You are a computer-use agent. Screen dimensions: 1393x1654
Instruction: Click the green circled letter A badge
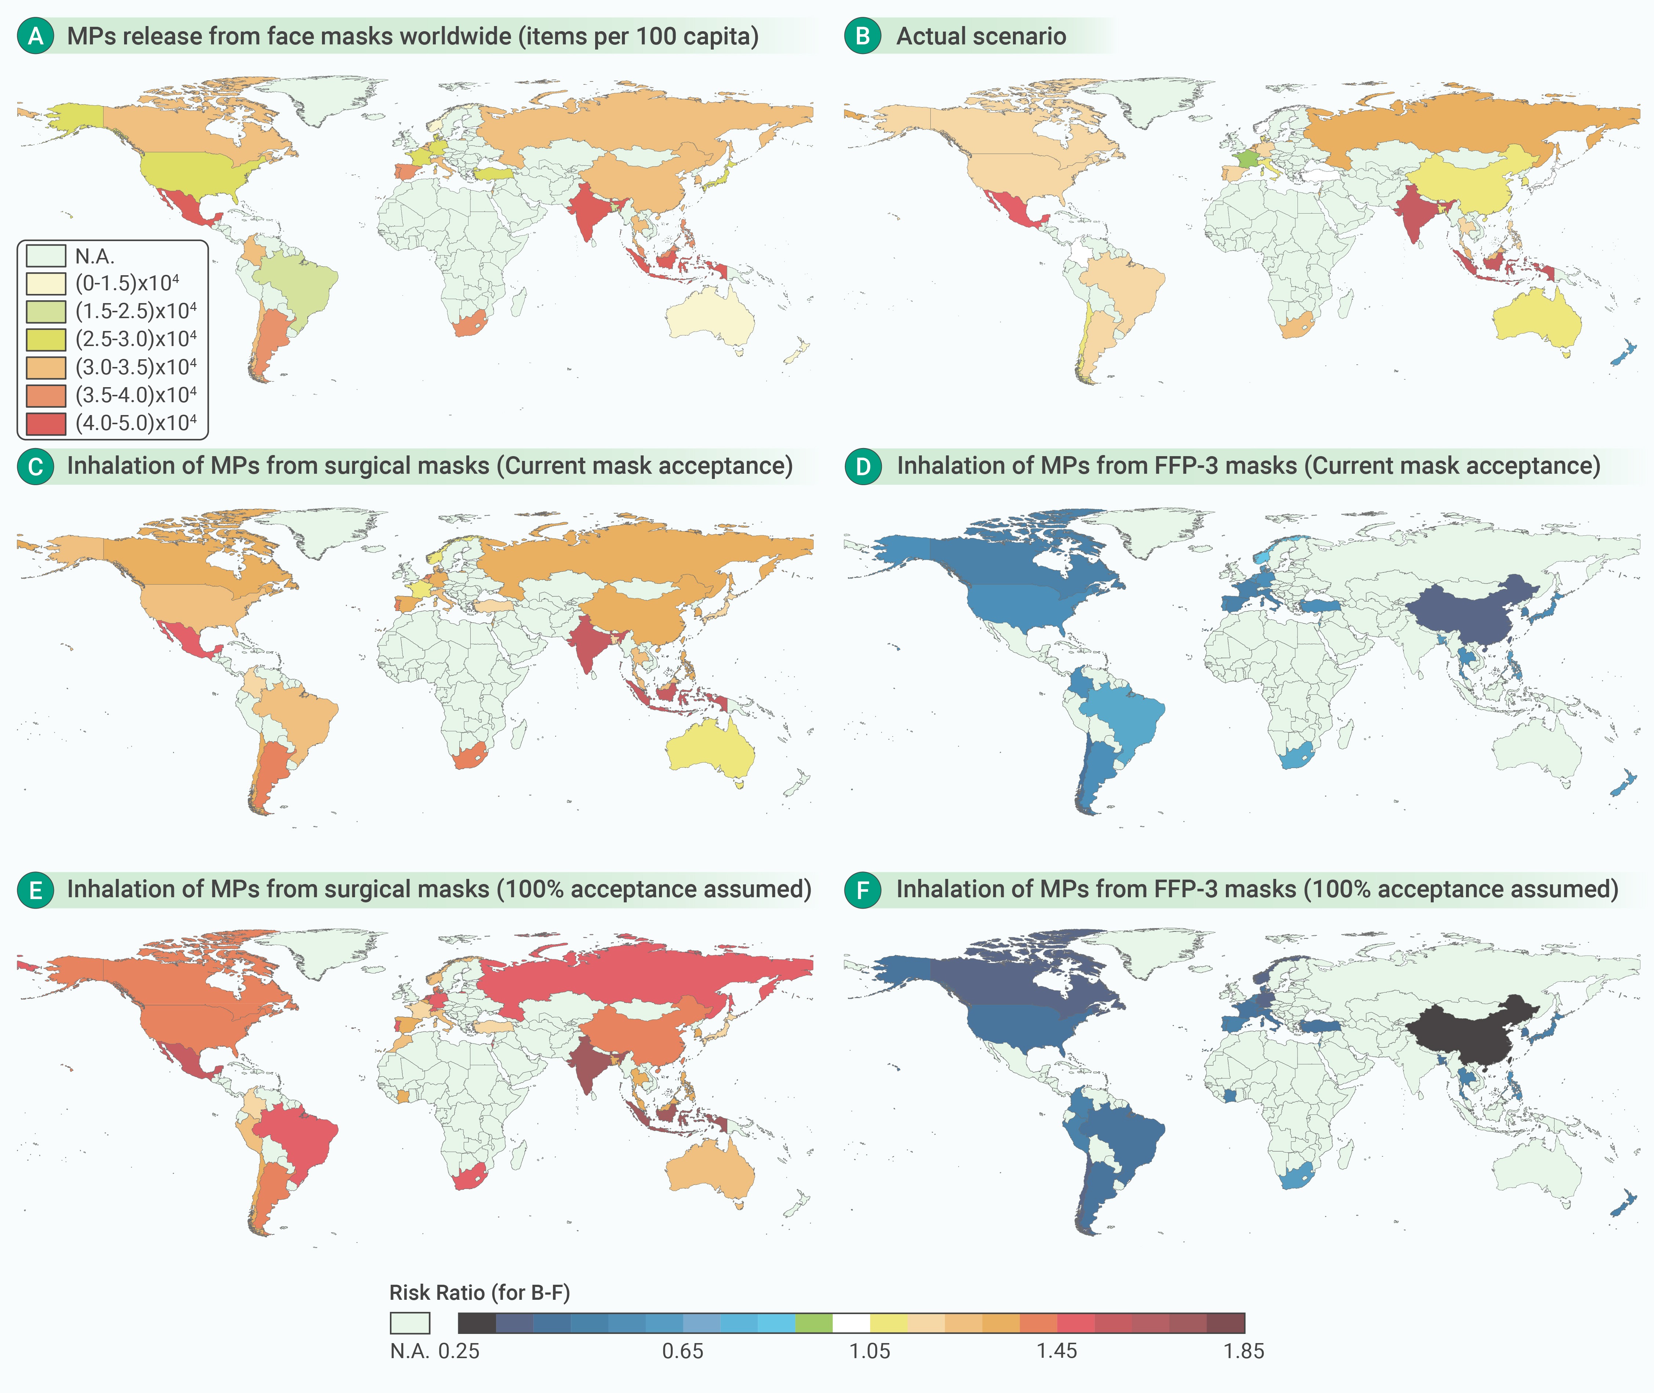(x=36, y=36)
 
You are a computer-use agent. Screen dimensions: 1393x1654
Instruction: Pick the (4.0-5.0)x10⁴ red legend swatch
(x=46, y=423)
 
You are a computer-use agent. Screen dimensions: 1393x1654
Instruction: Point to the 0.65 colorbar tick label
(x=683, y=1351)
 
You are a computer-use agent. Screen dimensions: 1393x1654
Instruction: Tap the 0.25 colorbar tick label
(x=459, y=1351)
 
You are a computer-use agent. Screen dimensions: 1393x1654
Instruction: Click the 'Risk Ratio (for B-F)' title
(x=479, y=1293)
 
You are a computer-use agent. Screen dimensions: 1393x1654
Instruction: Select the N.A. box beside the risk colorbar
(x=410, y=1323)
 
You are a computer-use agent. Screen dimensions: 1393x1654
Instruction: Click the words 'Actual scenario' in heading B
(x=981, y=36)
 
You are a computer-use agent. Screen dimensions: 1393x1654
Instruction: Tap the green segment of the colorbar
(x=814, y=1323)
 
